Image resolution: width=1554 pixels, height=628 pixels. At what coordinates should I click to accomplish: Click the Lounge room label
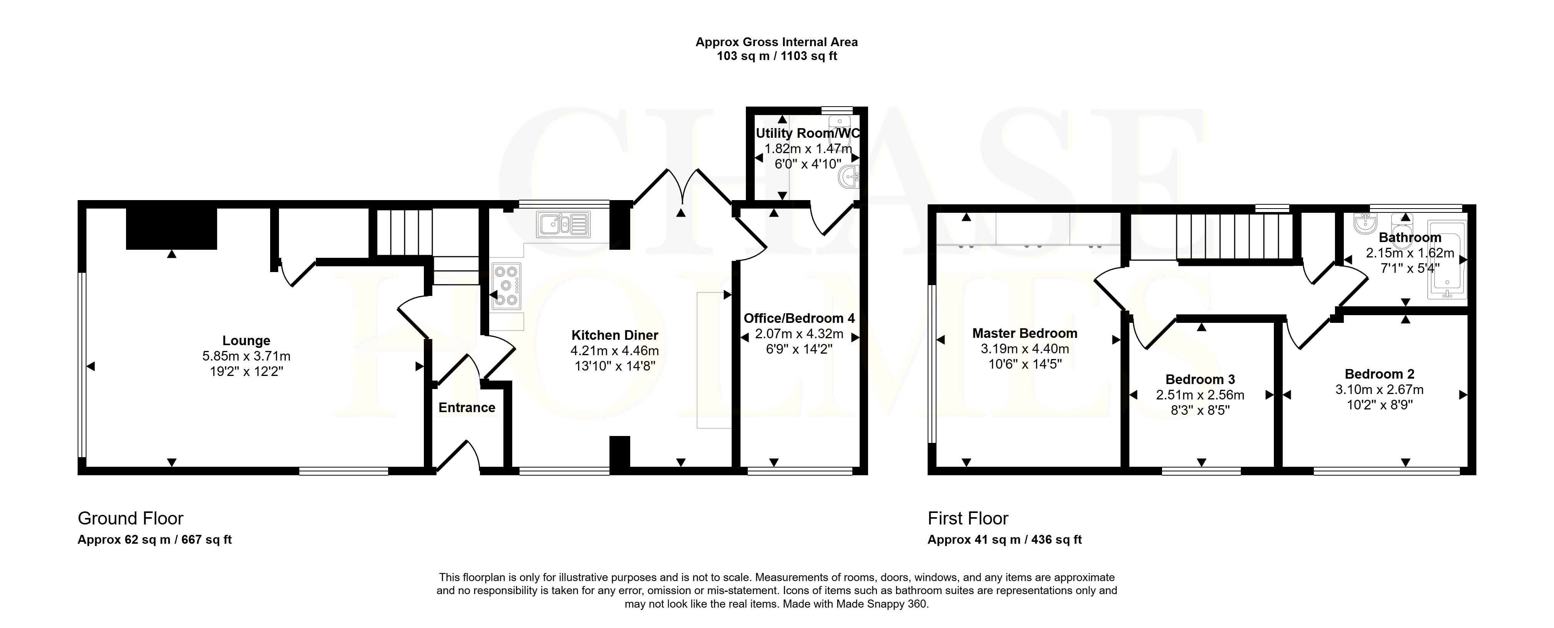tap(246, 341)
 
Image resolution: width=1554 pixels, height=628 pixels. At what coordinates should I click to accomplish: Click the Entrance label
tap(467, 408)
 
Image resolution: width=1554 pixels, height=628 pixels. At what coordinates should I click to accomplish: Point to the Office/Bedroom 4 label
tap(799, 318)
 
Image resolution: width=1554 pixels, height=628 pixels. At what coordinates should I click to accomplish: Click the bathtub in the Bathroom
tap(1446, 260)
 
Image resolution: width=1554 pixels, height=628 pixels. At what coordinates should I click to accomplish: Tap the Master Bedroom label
tap(1025, 333)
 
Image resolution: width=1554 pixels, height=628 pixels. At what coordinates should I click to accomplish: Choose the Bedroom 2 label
tap(1380, 374)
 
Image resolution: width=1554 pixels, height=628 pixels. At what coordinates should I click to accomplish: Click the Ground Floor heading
tap(130, 518)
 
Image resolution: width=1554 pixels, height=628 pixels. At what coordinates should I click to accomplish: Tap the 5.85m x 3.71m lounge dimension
tap(246, 356)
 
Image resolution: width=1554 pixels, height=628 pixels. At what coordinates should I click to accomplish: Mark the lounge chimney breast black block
tap(171, 229)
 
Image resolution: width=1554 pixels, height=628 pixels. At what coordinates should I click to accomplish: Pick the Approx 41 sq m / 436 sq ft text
tap(1004, 539)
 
